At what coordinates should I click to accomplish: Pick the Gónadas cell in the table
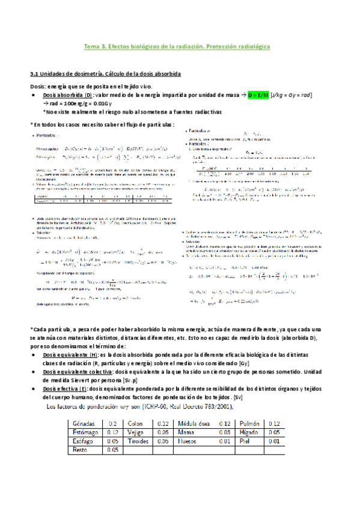point(84,423)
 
